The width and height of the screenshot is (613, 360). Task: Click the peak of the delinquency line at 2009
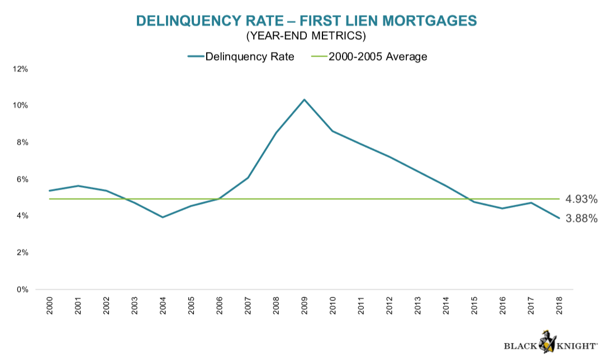coord(304,100)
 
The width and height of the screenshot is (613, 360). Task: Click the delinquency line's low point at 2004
coord(163,217)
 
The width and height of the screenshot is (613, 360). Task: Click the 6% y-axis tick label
coord(21,179)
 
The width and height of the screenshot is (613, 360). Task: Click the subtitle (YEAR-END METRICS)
coord(306,37)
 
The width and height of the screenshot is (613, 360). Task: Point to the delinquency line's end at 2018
coord(558,219)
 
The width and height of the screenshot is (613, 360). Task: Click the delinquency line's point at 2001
coord(78,186)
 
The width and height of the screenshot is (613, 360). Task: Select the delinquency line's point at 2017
coord(530,202)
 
